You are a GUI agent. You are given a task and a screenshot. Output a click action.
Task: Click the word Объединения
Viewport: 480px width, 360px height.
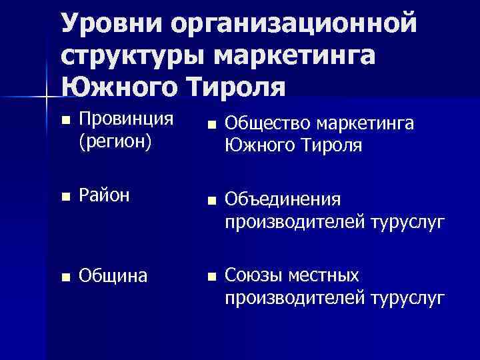pos(284,199)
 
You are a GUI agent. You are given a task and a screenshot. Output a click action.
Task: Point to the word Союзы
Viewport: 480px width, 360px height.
pos(254,275)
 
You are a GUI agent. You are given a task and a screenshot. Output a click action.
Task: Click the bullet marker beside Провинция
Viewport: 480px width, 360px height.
pos(64,121)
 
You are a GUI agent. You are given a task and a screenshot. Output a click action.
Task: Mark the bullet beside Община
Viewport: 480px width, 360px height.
pos(64,276)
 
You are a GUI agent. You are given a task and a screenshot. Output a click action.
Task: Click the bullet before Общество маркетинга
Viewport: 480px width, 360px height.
pos(211,125)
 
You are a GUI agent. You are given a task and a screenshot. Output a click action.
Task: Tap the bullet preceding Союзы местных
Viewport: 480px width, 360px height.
pos(211,275)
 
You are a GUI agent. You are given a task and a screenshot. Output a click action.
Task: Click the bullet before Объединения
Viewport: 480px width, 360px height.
pos(211,200)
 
